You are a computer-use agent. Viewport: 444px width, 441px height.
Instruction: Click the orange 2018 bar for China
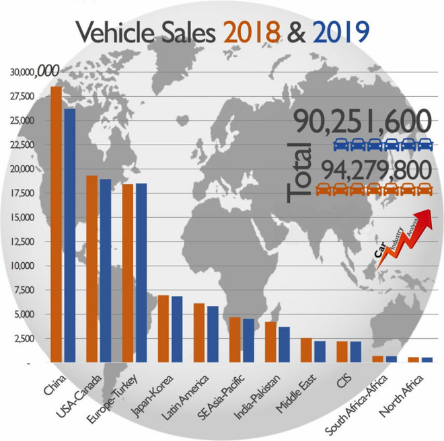[56, 225]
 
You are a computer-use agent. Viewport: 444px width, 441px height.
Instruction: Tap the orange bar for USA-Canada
[91, 269]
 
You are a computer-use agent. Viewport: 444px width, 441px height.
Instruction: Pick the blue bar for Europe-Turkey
[141, 273]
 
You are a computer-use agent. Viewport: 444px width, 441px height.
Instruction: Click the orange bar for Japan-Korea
[162, 329]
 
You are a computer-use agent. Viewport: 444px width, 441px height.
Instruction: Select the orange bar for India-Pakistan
[270, 342]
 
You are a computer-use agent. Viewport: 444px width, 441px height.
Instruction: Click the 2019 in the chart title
[338, 30]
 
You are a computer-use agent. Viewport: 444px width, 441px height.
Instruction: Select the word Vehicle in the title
[111, 30]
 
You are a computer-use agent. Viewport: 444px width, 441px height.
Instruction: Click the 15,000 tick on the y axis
[24, 218]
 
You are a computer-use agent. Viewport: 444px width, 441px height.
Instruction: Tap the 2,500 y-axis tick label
[26, 339]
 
